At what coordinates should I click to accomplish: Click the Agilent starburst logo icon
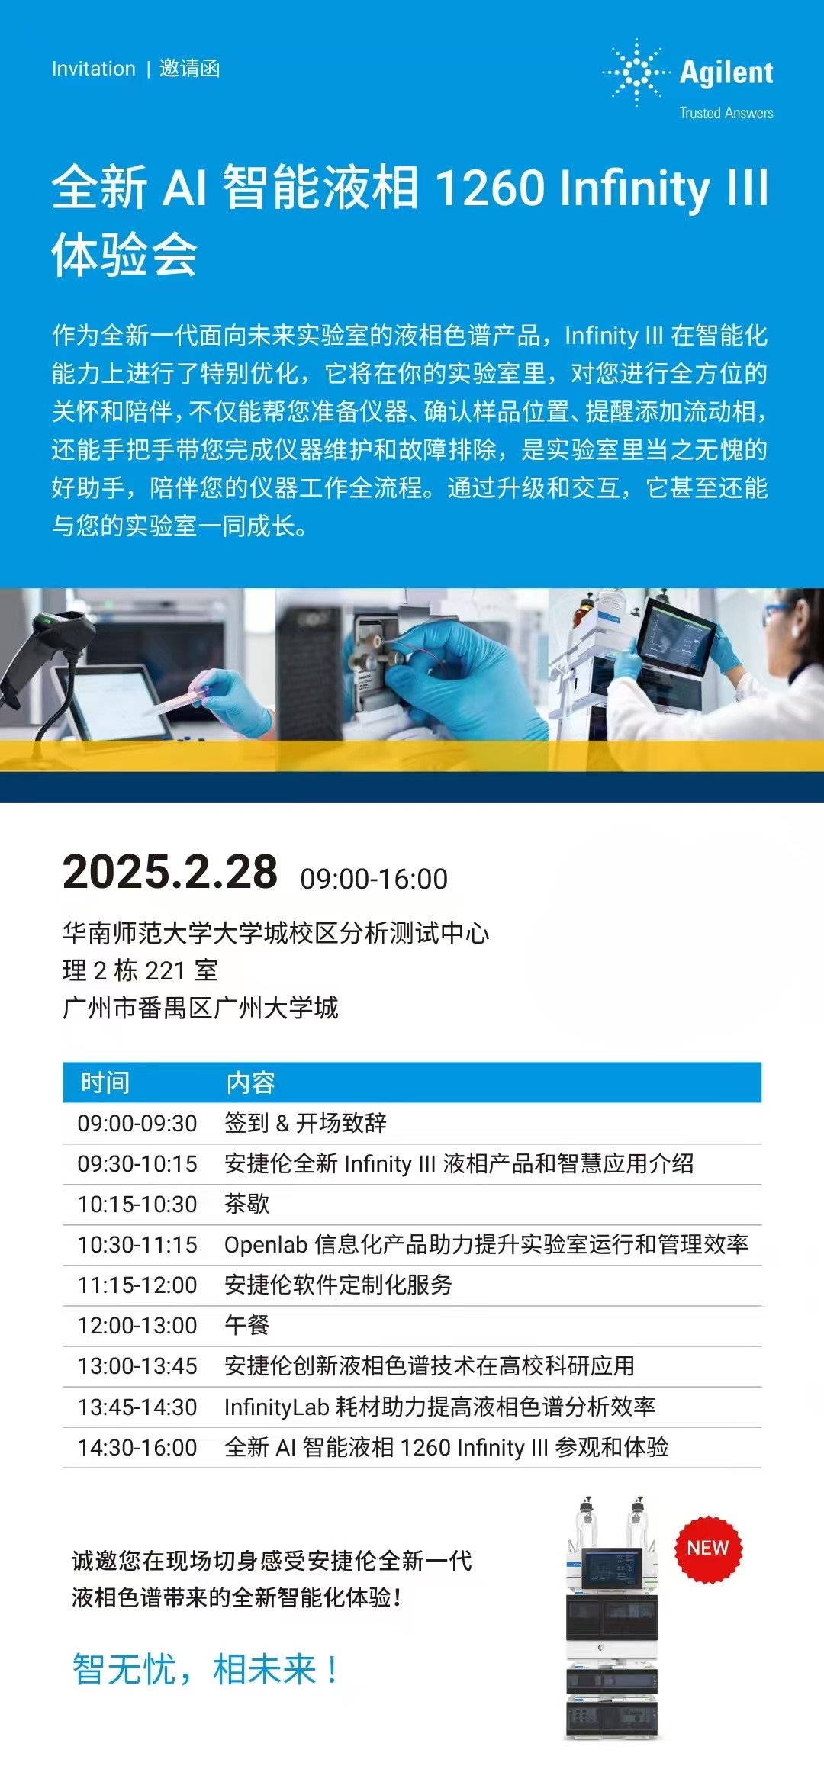(x=637, y=72)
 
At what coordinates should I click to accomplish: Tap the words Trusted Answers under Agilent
(x=726, y=113)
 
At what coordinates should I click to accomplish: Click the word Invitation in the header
(x=94, y=69)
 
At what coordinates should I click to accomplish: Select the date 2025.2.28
(x=170, y=872)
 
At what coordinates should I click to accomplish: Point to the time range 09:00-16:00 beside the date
(x=374, y=879)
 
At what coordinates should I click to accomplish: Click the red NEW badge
(x=708, y=1548)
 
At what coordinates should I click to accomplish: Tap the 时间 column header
(x=105, y=1082)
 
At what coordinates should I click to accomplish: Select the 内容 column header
(x=250, y=1082)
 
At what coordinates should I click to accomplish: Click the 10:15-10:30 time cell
(x=137, y=1204)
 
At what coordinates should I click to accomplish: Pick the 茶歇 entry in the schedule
(x=247, y=1204)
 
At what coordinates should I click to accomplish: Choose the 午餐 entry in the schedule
(x=247, y=1325)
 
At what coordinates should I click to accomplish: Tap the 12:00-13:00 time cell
(x=137, y=1325)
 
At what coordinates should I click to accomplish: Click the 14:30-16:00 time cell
(x=137, y=1447)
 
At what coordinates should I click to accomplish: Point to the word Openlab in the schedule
(x=266, y=1245)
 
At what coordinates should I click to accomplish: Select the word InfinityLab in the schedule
(x=276, y=1407)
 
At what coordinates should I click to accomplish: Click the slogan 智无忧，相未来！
(x=206, y=1668)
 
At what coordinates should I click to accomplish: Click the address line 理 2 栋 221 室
(x=140, y=970)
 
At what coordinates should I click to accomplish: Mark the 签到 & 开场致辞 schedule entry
(x=305, y=1123)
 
